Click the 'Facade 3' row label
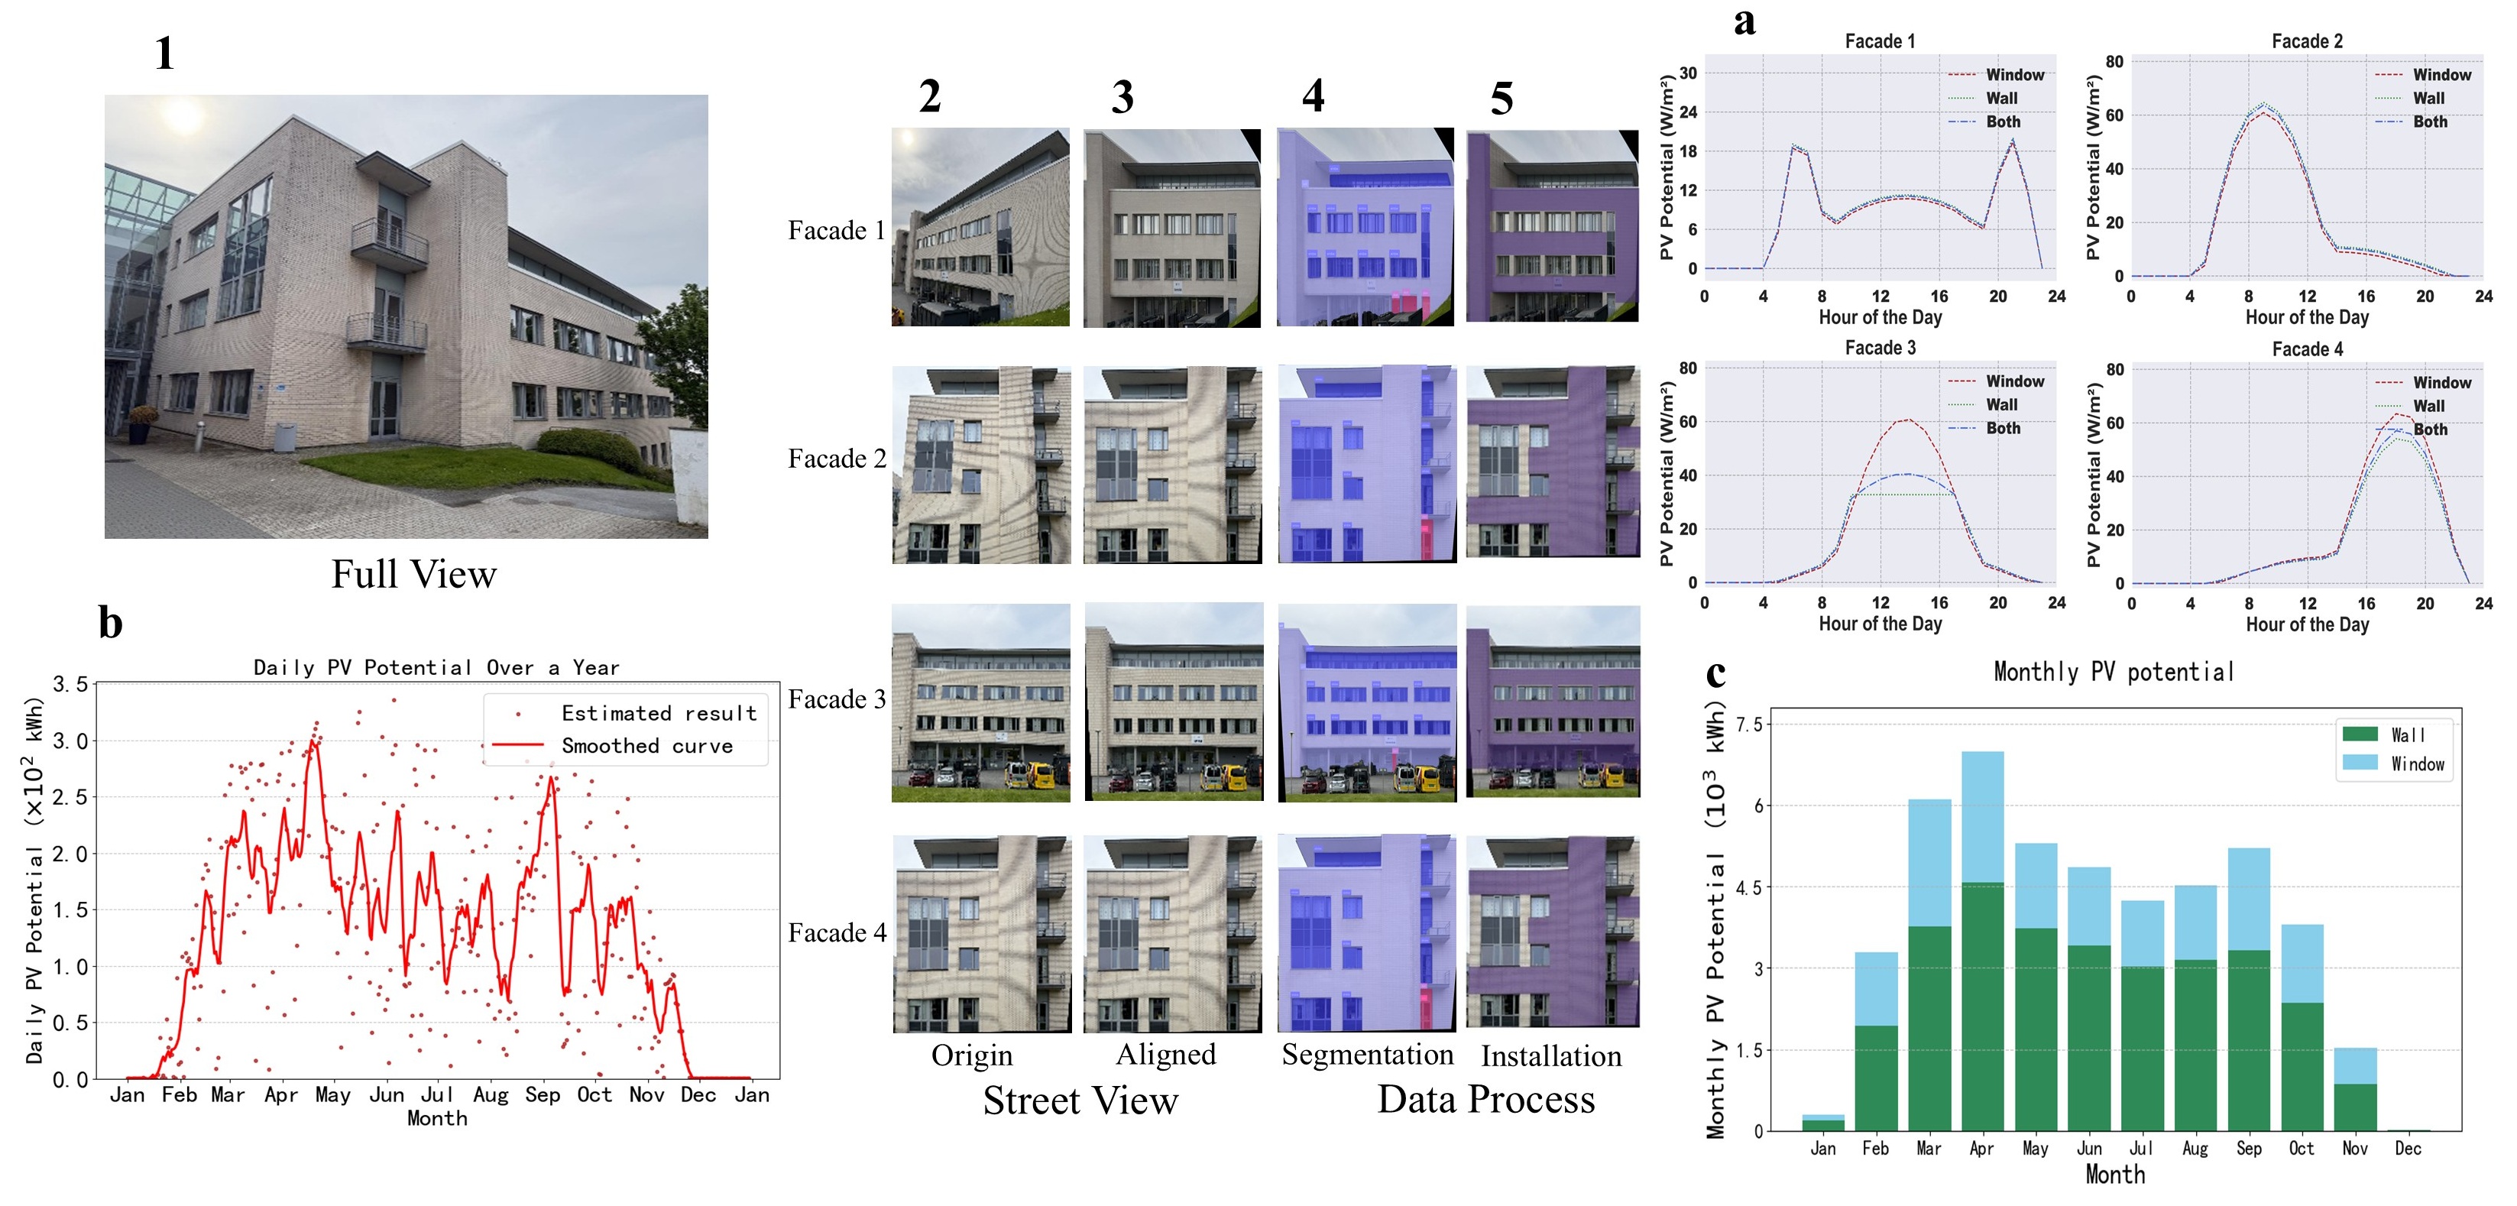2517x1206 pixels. [x=837, y=700]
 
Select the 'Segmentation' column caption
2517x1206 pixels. [x=1367, y=1055]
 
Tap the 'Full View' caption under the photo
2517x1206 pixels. [x=413, y=574]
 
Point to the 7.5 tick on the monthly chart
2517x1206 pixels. [x=1749, y=725]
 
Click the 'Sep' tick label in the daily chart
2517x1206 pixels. [x=543, y=1094]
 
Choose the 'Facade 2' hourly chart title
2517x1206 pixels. [x=2306, y=41]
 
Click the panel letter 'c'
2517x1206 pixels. [x=1715, y=673]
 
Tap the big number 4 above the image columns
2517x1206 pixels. [x=1314, y=96]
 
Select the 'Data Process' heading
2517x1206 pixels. [x=1485, y=1100]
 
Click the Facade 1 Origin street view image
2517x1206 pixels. [x=980, y=227]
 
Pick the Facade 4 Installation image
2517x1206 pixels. [x=1553, y=932]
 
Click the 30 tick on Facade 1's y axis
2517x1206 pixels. [x=1687, y=73]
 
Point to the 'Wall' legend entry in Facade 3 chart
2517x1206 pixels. [x=2000, y=404]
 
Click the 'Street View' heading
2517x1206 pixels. [x=1080, y=1101]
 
